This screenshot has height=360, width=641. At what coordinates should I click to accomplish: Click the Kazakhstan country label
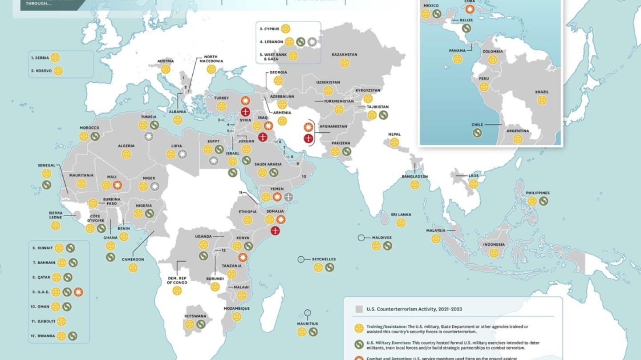pyautogui.click(x=344, y=55)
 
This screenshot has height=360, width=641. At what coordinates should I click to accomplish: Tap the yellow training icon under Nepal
pyautogui.click(x=394, y=142)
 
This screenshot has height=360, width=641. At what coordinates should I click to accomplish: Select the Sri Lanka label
pyautogui.click(x=401, y=214)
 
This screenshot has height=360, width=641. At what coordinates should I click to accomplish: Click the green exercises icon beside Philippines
pyautogui.click(x=544, y=201)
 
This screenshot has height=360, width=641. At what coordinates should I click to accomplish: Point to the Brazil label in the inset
pyautogui.click(x=542, y=92)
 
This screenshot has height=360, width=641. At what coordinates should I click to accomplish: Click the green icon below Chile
pyautogui.click(x=477, y=133)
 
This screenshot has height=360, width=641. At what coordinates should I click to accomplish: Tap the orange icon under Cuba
pyautogui.click(x=470, y=9)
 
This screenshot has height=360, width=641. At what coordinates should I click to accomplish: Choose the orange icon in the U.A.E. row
pyautogui.click(x=79, y=292)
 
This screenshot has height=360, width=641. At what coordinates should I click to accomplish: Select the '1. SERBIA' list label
pyautogui.click(x=40, y=57)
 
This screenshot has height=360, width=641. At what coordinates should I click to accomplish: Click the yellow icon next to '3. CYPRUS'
pyautogui.click(x=286, y=29)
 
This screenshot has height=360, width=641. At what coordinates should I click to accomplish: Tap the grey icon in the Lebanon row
pyautogui.click(x=312, y=42)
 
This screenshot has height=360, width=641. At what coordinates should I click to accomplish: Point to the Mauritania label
pyautogui.click(x=81, y=175)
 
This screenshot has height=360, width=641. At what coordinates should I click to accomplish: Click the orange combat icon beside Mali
pyautogui.click(x=117, y=185)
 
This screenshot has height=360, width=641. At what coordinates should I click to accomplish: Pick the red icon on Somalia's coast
pyautogui.click(x=275, y=231)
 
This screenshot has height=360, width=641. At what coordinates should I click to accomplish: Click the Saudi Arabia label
pyautogui.click(x=268, y=164)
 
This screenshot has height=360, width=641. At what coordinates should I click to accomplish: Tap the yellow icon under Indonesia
pyautogui.click(x=494, y=253)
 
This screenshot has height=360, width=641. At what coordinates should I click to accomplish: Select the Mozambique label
pyautogui.click(x=236, y=308)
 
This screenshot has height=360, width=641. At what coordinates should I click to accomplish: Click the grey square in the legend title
pyautogui.click(x=359, y=309)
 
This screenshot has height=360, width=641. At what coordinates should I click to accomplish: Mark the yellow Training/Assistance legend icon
pyautogui.click(x=359, y=329)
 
